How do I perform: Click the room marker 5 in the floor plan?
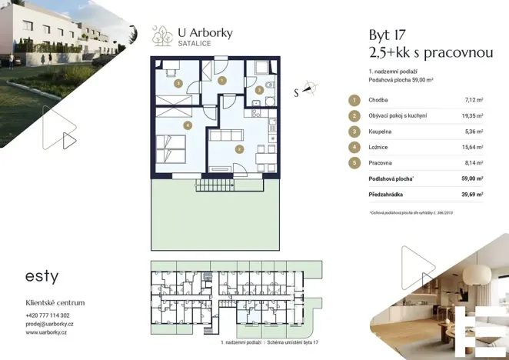click(178, 83)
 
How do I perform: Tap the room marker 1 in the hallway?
click(221, 80)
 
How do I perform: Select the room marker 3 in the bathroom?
click(259, 90)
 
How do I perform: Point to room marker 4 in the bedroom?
click(187, 125)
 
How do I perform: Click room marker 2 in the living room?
click(239, 148)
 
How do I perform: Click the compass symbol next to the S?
click(310, 88)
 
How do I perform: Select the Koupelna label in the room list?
click(381, 132)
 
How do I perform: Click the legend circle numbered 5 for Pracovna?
click(354, 163)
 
